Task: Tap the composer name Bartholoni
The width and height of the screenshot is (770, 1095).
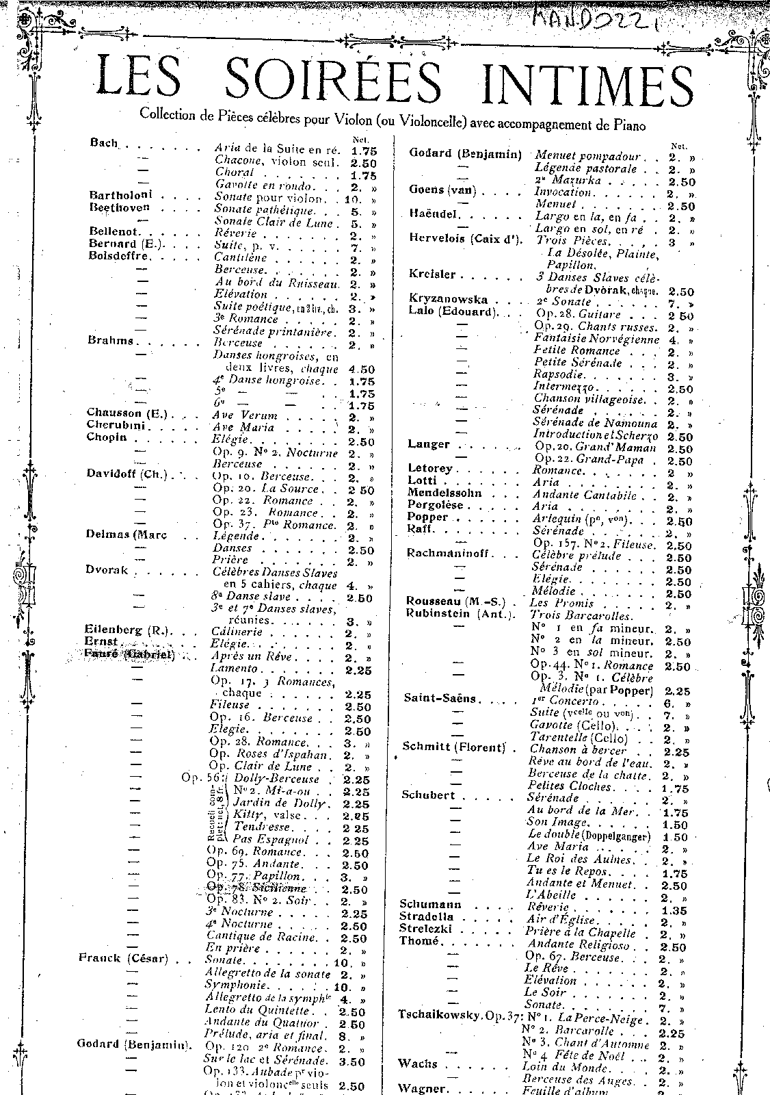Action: click(120, 196)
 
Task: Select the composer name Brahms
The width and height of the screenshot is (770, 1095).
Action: click(110, 340)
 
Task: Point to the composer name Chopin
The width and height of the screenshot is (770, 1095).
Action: click(107, 437)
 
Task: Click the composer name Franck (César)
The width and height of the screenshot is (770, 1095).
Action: click(124, 958)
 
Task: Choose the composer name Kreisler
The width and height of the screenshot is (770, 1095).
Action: click(432, 274)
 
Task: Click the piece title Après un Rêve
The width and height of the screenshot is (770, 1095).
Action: click(252, 656)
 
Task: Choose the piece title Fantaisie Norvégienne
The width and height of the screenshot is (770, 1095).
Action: click(596, 339)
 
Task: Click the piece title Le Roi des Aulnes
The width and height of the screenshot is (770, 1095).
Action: click(579, 859)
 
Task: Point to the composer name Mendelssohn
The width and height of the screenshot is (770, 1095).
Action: click(444, 493)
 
